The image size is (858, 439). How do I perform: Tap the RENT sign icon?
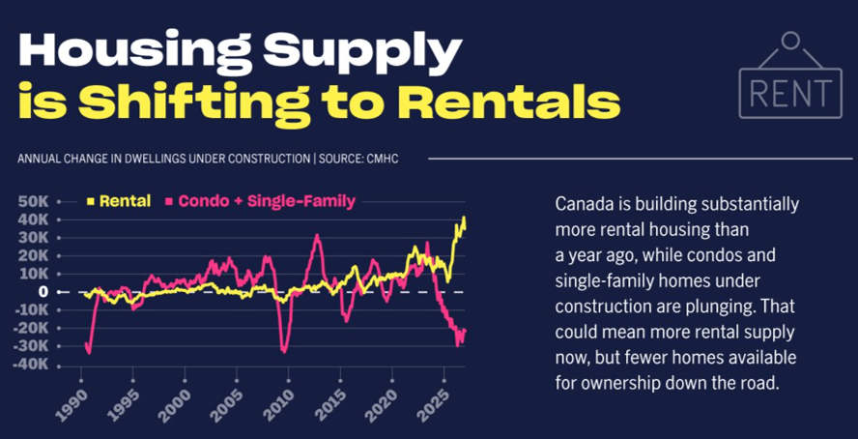pyautogui.click(x=790, y=75)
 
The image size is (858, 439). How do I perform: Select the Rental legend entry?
pyautogui.click(x=119, y=201)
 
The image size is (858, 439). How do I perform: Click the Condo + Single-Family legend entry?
pyautogui.click(x=261, y=201)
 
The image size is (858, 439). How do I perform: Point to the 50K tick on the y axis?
pyautogui.click(x=34, y=201)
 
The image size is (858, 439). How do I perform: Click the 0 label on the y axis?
pyautogui.click(x=43, y=292)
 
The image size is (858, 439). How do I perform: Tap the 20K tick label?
pyautogui.click(x=34, y=255)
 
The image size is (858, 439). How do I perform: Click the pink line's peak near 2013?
pyautogui.click(x=317, y=235)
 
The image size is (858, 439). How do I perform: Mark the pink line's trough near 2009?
pyautogui.click(x=283, y=352)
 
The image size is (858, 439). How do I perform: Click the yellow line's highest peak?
pyautogui.click(x=464, y=218)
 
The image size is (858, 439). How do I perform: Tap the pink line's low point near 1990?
pyautogui.click(x=89, y=353)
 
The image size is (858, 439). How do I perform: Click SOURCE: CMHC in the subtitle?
pyautogui.click(x=359, y=160)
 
